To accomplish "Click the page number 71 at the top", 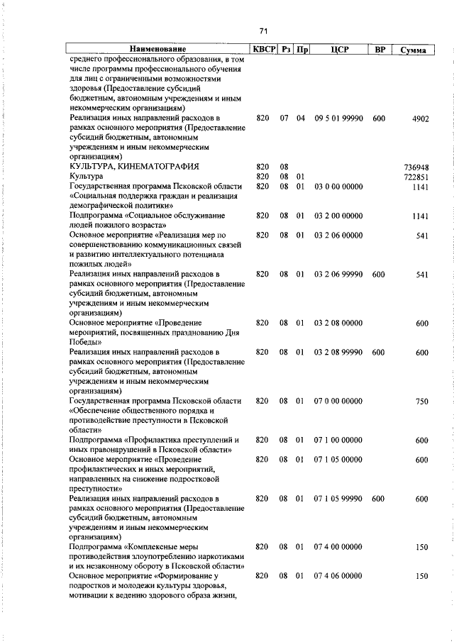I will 263,31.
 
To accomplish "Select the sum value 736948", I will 416,167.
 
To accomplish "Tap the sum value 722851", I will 416,177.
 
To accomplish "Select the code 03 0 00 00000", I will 338,187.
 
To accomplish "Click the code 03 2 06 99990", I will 338,275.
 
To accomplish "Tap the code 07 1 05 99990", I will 338,499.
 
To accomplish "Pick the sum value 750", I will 421,402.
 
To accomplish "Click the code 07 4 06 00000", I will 338,577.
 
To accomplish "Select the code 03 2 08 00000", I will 338,323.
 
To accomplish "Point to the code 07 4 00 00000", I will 338,547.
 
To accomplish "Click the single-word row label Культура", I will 86,177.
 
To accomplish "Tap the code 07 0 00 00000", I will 338,402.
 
